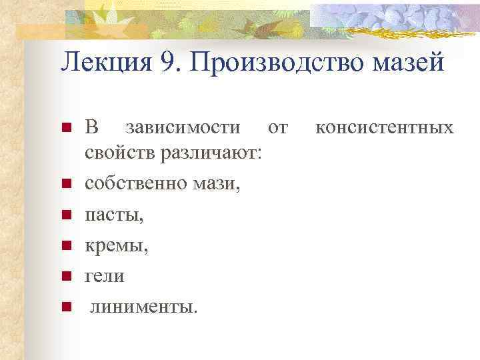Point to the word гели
point(103,277)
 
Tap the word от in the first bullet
point(277,127)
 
